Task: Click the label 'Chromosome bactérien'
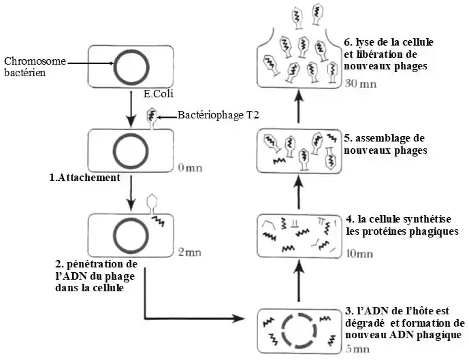tap(35, 67)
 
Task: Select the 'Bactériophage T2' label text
tap(218, 116)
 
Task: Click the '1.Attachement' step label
tap(84, 178)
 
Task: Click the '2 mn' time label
tap(189, 252)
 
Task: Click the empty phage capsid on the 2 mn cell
tap(152, 203)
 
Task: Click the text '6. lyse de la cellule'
tap(389, 42)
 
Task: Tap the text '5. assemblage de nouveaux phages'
tap(385, 144)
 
